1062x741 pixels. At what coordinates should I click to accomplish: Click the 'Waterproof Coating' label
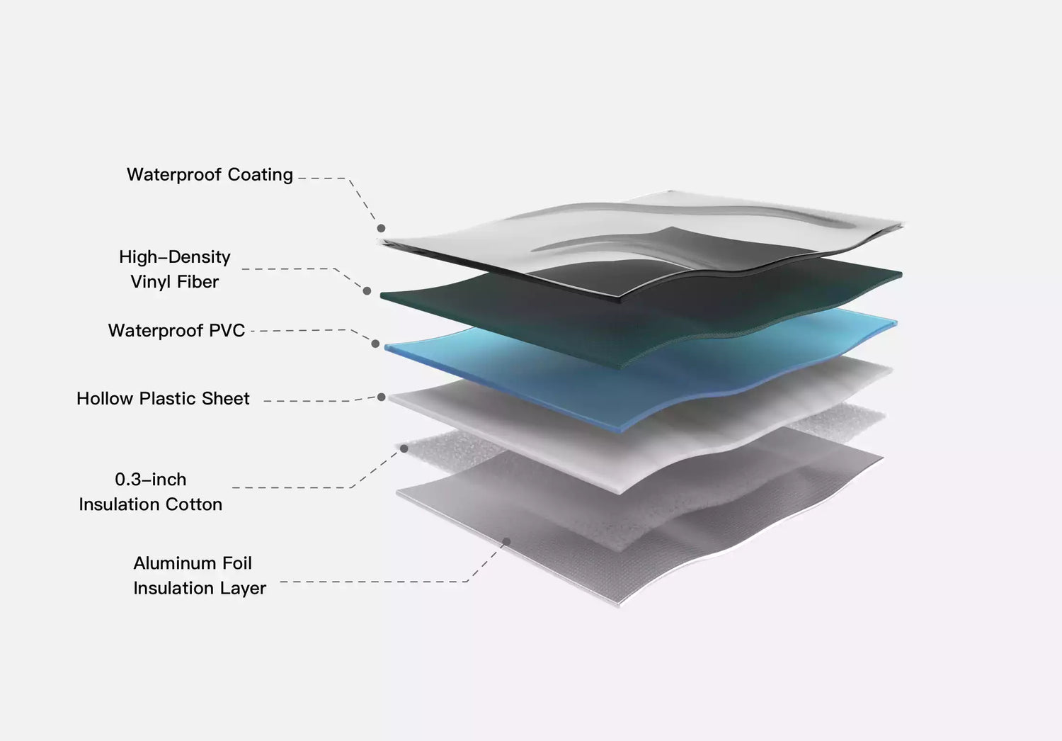point(210,175)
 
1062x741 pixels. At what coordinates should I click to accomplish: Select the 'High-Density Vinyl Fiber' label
point(175,269)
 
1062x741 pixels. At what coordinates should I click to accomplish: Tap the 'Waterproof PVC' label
point(176,331)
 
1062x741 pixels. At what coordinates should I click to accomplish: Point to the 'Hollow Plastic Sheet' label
point(163,399)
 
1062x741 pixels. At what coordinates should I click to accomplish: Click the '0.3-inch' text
point(151,480)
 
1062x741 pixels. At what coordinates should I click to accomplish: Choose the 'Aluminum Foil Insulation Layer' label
point(199,576)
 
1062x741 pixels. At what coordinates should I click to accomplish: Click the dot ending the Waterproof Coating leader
point(381,228)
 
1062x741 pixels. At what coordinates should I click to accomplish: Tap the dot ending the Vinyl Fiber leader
point(367,290)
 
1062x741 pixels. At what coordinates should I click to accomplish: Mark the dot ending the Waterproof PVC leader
point(375,344)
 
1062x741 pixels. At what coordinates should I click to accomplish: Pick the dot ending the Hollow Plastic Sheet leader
point(382,397)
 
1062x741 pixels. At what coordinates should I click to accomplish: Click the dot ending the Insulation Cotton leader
point(404,448)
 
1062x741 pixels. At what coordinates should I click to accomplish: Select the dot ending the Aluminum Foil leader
point(506,542)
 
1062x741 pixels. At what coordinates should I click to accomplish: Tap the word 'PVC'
point(227,331)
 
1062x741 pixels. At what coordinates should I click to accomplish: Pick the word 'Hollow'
point(105,399)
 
